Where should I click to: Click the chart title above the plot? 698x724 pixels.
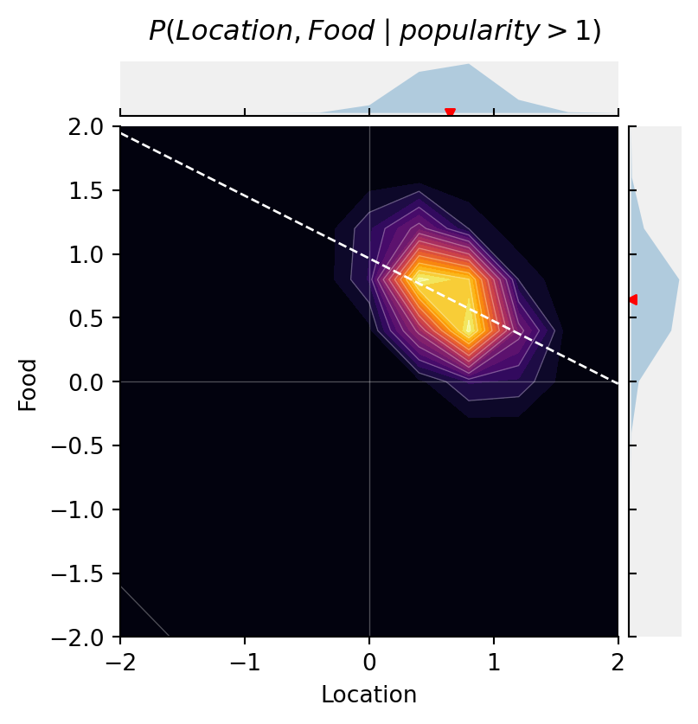click(375, 31)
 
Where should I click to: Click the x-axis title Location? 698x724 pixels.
click(368, 695)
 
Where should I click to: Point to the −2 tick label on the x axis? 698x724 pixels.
click(119, 660)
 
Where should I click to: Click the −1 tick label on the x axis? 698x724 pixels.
click(245, 660)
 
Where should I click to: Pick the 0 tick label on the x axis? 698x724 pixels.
click(369, 660)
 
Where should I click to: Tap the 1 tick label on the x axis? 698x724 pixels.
click(494, 660)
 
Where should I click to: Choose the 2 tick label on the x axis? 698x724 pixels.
click(618, 660)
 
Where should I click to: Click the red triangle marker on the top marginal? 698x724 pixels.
click(450, 112)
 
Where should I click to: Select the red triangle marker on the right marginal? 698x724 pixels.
click(633, 299)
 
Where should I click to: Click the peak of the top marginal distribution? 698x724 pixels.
click(469, 65)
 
